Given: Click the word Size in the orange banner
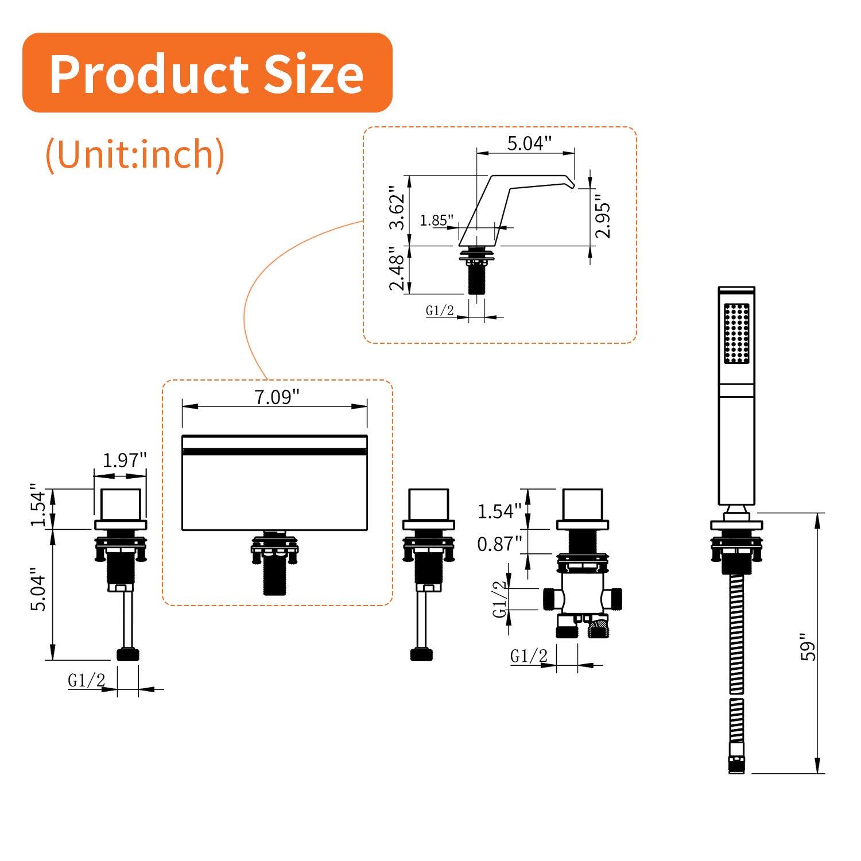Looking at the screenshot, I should click(313, 74).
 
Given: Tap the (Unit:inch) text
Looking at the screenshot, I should click(135, 154).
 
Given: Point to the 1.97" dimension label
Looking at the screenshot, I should click(125, 460).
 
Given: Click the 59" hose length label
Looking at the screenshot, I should click(808, 647).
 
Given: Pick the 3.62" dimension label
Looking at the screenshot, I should click(397, 207).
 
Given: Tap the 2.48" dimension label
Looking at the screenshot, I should click(397, 269).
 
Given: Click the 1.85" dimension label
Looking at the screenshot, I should click(436, 220).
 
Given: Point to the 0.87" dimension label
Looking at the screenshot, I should click(499, 543).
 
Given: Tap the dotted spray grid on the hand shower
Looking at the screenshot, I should click(736, 333).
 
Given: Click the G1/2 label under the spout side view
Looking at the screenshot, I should click(440, 311).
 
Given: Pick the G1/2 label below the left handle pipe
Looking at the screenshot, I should click(86, 680).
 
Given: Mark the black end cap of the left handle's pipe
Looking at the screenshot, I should click(128, 654).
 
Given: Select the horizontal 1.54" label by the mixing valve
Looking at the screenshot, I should click(499, 511).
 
